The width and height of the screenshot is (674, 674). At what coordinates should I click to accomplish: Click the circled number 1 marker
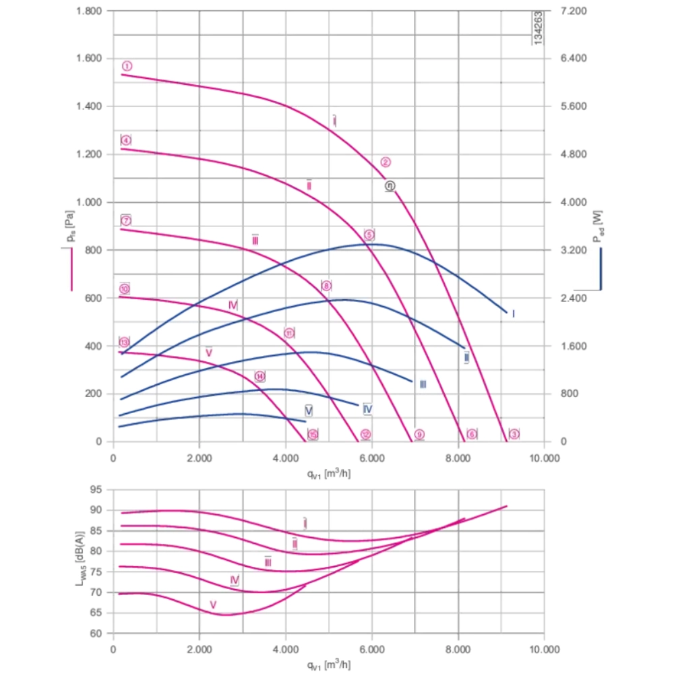tap(127, 66)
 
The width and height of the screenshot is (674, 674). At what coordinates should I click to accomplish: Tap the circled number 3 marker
tap(514, 434)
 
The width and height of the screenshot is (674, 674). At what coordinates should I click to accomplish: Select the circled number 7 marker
tap(126, 220)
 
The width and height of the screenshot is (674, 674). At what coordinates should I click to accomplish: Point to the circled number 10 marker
tap(125, 289)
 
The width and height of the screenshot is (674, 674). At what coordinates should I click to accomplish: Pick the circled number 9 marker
tap(419, 435)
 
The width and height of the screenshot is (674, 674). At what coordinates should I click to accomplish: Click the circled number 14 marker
tap(259, 376)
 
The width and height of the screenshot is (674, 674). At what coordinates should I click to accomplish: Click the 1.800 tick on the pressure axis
tap(90, 11)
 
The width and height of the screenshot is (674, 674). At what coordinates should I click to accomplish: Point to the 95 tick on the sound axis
tap(96, 489)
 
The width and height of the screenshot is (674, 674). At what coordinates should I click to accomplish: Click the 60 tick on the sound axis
tap(96, 634)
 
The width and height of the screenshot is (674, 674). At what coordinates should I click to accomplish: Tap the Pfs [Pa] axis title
tap(69, 227)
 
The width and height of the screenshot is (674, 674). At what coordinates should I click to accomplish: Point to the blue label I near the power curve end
tap(513, 314)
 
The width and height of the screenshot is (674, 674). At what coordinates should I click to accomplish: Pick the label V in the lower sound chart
tap(213, 605)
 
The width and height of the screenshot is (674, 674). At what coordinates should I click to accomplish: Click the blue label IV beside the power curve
tap(368, 409)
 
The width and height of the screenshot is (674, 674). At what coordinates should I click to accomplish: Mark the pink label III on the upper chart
tap(255, 241)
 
